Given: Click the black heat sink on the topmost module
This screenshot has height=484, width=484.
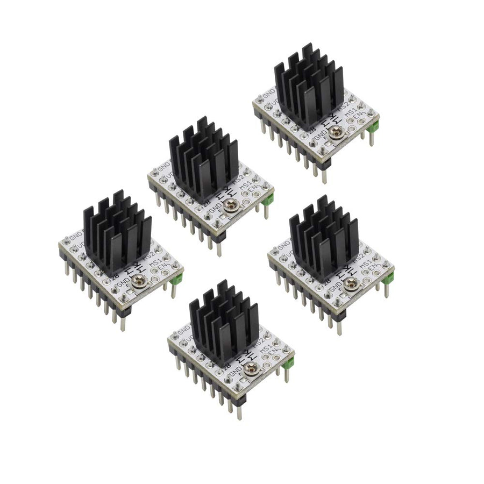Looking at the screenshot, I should (x=308, y=86).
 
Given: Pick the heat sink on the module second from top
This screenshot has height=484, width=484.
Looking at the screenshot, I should (x=203, y=158).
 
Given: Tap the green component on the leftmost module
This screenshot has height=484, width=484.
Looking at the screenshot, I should (x=180, y=279).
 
